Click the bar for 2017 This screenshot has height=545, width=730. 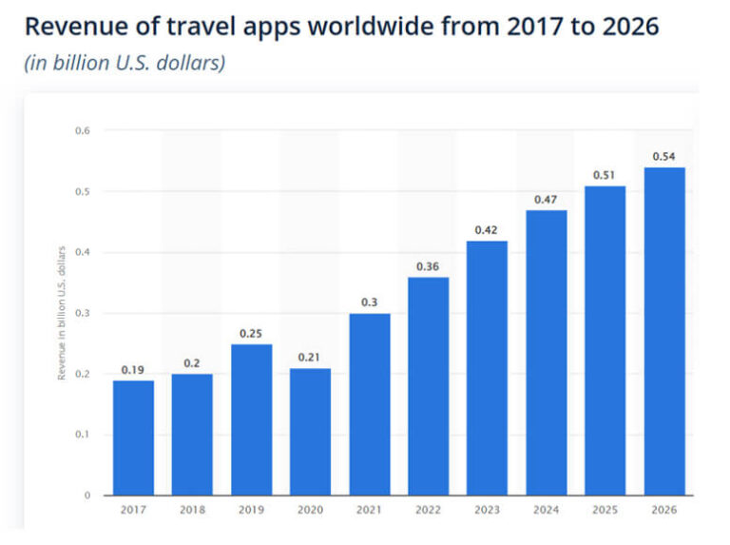point(133,438)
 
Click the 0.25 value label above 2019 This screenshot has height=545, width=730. point(251,333)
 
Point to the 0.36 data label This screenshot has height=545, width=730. point(428,266)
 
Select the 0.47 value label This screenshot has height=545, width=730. point(546,199)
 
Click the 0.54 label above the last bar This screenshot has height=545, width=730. point(664,156)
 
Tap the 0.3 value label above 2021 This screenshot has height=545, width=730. point(369,302)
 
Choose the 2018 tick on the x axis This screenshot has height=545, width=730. point(192,510)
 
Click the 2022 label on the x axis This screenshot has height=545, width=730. point(428,510)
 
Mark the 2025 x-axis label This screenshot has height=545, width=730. point(605,510)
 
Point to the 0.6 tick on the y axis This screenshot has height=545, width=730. point(83,130)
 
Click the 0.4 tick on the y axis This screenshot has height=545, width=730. point(83,252)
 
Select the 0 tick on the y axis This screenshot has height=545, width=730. point(87,495)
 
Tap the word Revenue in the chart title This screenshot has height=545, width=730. point(72,27)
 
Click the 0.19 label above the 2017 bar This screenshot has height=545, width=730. point(133,369)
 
